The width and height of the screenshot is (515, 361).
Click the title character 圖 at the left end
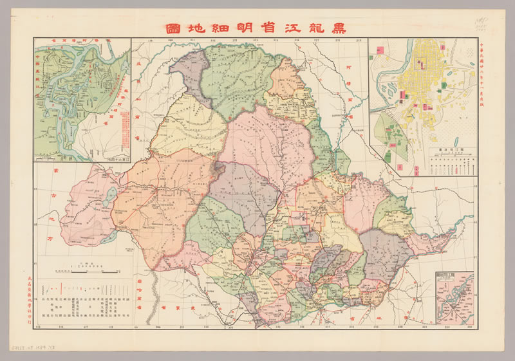(173, 28)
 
